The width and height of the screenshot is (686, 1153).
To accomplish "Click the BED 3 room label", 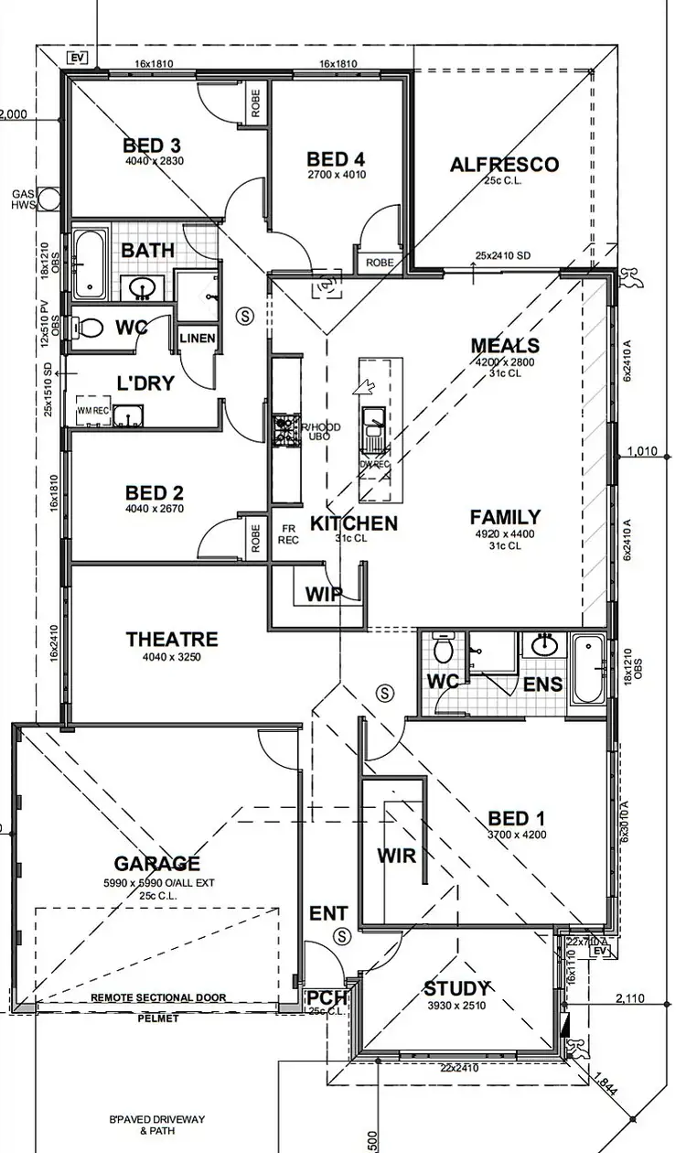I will click(x=152, y=145).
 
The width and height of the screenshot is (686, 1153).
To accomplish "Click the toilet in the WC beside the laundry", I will click(x=90, y=327).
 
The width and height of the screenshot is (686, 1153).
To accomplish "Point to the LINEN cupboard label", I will click(x=198, y=339).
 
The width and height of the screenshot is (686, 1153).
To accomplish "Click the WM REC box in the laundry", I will click(x=93, y=412).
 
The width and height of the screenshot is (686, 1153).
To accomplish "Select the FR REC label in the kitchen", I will click(x=287, y=533).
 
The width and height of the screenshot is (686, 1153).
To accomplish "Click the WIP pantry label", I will click(x=323, y=594).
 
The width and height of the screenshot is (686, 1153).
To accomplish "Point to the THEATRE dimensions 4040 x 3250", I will click(x=171, y=657).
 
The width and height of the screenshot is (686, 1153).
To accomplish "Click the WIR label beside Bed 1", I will click(x=396, y=857).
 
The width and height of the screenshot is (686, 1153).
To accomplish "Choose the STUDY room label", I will click(x=456, y=989).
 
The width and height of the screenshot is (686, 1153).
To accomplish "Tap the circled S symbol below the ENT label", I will click(x=343, y=935).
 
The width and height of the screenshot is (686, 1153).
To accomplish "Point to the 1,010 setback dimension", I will click(x=644, y=450).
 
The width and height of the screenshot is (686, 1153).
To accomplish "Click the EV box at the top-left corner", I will click(x=79, y=59).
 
